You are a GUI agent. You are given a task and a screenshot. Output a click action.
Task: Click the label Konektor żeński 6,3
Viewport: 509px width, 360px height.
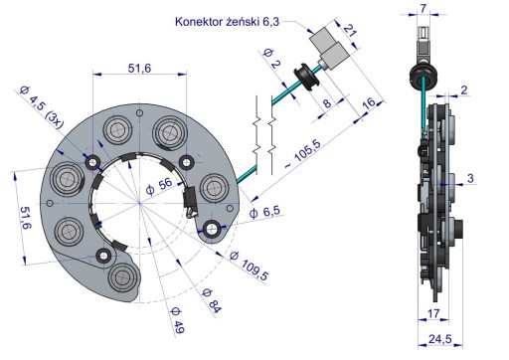pos(227,22)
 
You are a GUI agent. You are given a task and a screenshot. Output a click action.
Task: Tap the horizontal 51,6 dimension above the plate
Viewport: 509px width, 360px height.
pos(139,69)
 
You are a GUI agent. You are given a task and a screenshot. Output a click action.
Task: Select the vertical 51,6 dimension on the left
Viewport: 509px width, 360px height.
pos(26,218)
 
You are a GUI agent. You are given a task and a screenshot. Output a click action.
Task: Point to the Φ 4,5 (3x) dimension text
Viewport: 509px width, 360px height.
pos(41,106)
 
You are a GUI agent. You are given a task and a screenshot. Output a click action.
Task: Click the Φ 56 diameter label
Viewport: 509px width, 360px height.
pos(159,187)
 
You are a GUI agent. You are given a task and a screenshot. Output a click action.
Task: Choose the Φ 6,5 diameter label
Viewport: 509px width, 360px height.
pos(264,212)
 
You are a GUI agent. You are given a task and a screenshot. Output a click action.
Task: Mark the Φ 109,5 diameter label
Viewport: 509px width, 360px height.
pos(250,266)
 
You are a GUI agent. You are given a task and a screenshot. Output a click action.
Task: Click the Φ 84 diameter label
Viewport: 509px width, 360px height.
pos(212,301)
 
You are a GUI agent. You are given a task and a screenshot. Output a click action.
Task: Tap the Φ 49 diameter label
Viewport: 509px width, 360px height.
pos(177,320)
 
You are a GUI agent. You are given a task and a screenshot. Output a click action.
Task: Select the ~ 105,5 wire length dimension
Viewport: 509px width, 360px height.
pos(303,153)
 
